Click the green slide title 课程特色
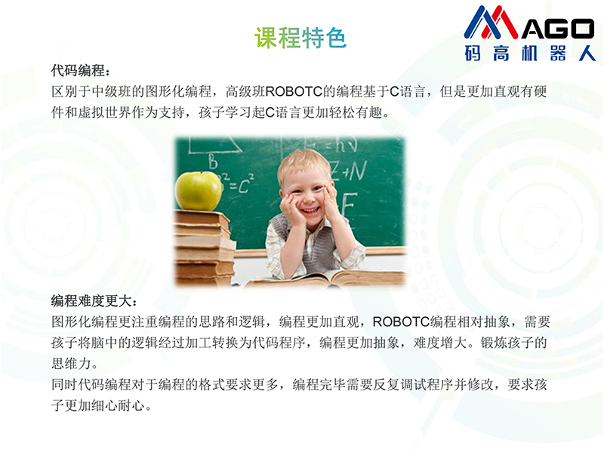coord(300,38)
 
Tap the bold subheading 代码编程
coord(79,70)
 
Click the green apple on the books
coord(199,191)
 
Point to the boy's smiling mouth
coord(310,211)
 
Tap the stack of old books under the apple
coord(205,248)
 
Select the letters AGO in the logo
coord(558,29)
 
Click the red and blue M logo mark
coord(491,23)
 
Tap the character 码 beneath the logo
coord(473,53)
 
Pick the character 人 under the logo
coord(587,53)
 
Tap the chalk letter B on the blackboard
coord(213,162)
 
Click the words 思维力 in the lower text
coord(72,363)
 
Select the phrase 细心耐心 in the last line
coord(118,405)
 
